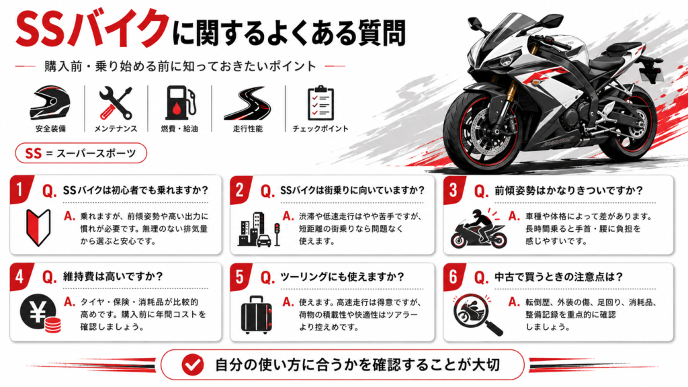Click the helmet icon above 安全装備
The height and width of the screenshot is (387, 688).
coord(50,103)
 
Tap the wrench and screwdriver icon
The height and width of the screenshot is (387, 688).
coord(116,103)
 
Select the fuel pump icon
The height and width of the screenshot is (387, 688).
coord(179,103)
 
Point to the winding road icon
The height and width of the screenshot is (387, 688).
coord(247,103)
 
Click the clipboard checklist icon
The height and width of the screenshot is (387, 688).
coord(320,103)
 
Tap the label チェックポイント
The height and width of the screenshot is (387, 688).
coord(320,128)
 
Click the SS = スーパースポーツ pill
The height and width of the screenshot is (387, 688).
coord(81,153)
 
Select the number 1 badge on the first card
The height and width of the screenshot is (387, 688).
coord(21,189)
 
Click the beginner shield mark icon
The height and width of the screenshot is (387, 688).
coord(38,227)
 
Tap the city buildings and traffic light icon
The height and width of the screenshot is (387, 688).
coord(259,229)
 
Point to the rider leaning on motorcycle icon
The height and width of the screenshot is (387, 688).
coord(478,228)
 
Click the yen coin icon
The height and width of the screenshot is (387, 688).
coord(40,313)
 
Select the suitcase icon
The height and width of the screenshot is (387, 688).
coord(256,314)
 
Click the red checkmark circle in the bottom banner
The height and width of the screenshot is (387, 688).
coord(193,365)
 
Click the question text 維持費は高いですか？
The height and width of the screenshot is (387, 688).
coord(113,276)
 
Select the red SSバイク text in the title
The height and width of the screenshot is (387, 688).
coord(92,29)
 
